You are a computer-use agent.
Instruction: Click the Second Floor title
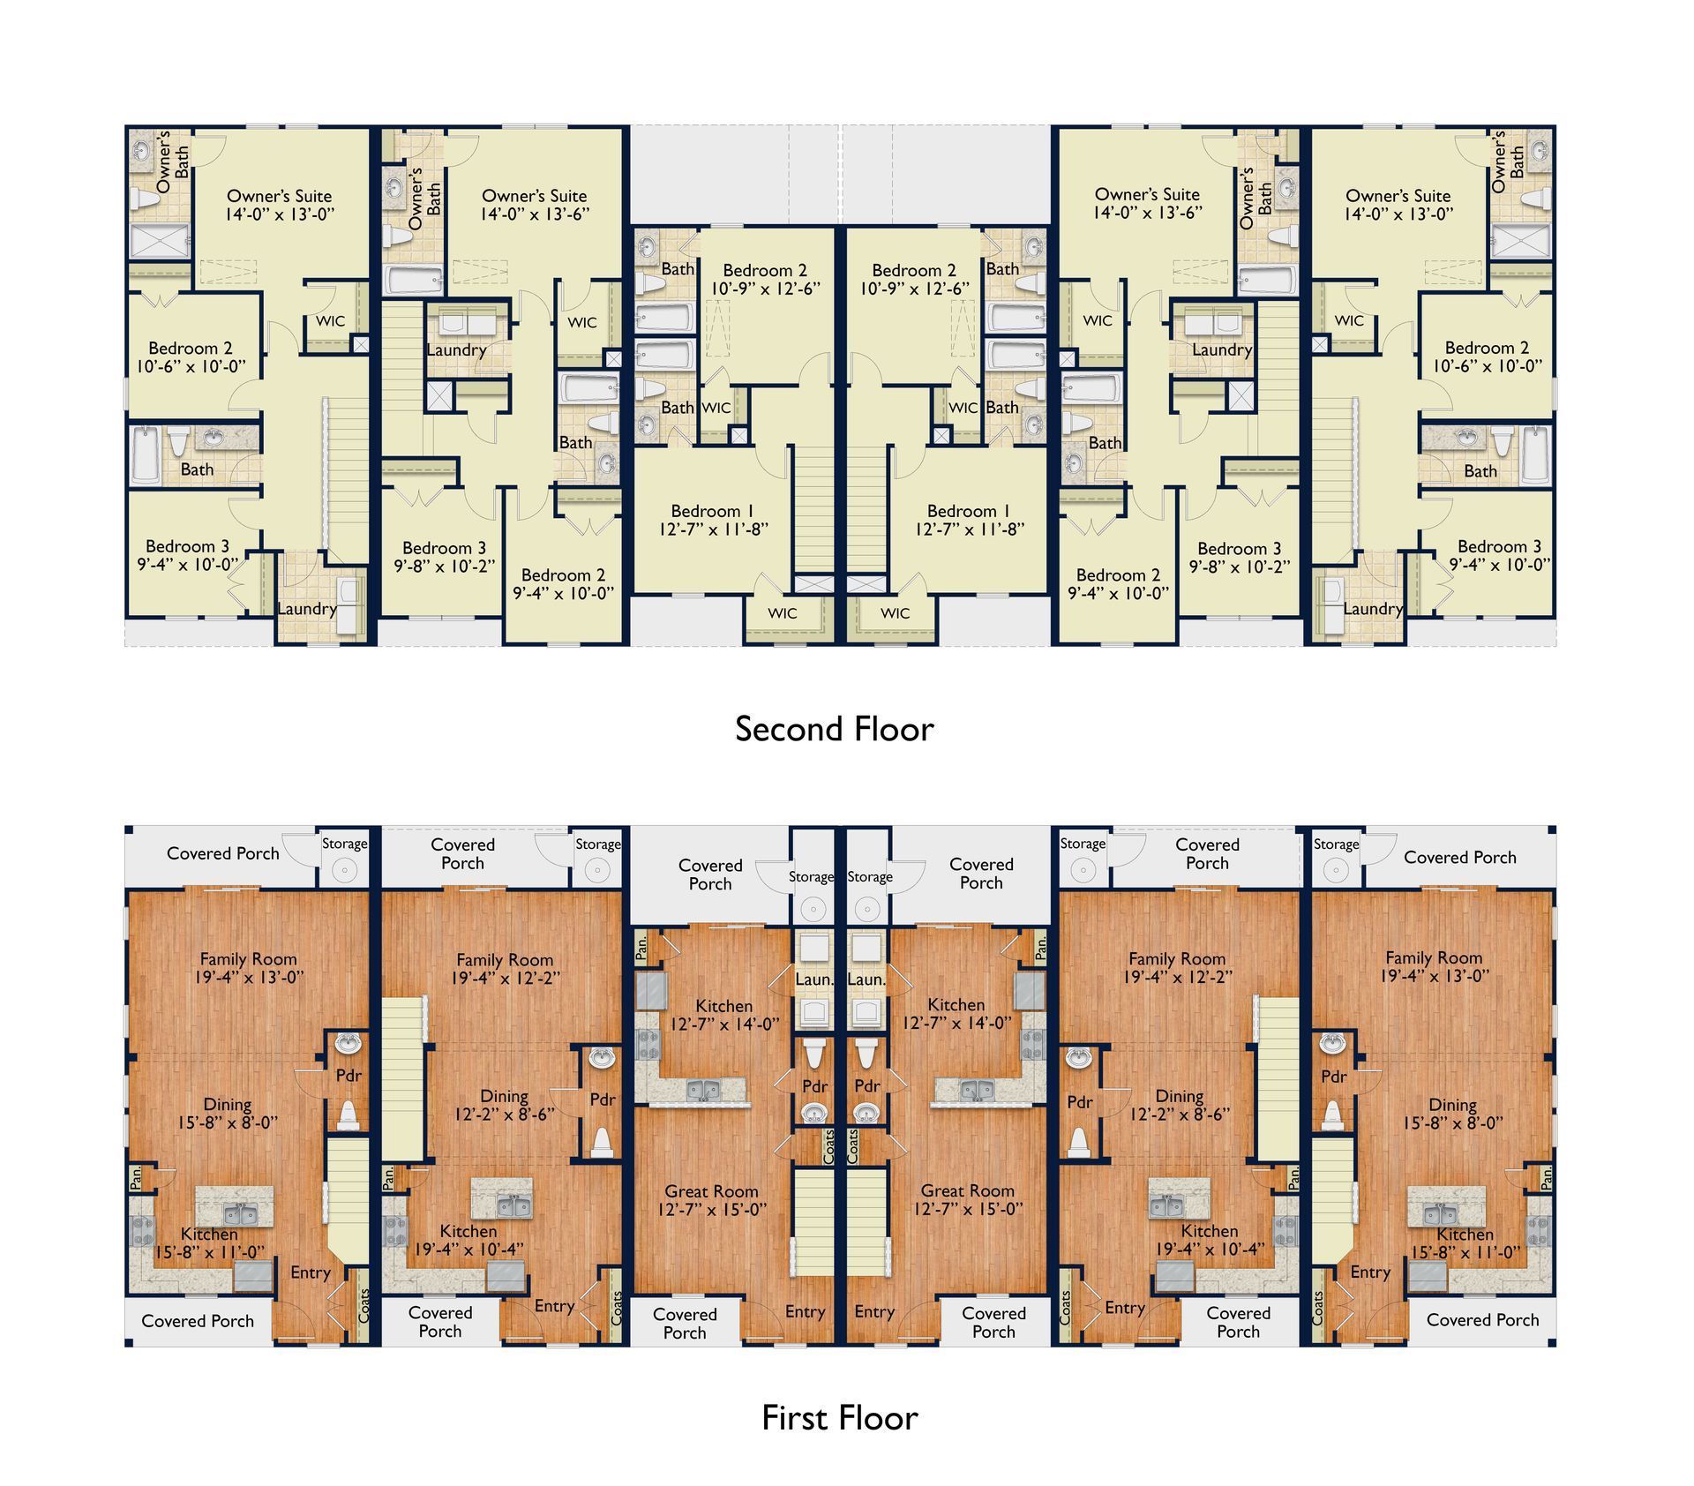coord(834,729)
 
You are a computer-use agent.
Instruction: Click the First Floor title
coord(839,1418)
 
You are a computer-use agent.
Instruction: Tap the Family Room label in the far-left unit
coord(248,968)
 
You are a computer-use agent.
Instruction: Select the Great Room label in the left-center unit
coord(712,1200)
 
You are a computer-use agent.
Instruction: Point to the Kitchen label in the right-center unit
coord(956,1014)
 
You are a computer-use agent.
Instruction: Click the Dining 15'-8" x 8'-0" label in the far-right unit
coord(1452,1114)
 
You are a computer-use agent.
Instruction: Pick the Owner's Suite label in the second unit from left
coord(535,205)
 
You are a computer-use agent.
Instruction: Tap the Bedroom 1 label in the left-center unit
coord(713,520)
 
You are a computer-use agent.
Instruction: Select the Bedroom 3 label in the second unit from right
coord(1240,558)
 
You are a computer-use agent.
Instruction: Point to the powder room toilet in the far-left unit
coord(349,1115)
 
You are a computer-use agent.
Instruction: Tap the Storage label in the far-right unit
coord(1336,844)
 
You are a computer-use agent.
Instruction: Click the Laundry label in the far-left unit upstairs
coord(307,609)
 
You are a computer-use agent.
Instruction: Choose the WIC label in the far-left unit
coord(331,321)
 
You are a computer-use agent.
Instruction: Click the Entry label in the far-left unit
coord(311,1272)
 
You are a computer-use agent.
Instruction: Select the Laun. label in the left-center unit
coord(813,979)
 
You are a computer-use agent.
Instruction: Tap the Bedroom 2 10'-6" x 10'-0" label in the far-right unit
coord(1487,356)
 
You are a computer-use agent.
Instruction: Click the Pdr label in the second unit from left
coord(603,1099)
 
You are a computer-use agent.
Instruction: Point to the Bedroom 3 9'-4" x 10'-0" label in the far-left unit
coord(187,555)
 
